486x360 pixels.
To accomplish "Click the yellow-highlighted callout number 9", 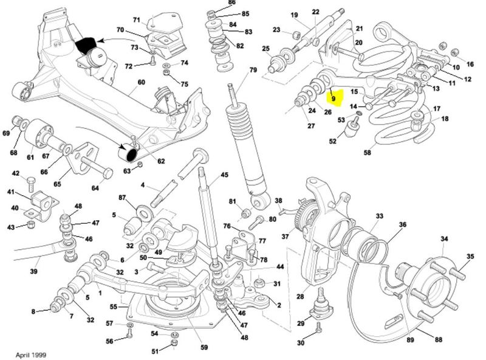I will coord(333,95).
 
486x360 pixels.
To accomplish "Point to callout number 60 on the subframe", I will coord(141,82).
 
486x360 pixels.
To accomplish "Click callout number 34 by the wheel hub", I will coord(444,238).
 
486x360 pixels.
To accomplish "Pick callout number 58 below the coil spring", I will coord(367,153).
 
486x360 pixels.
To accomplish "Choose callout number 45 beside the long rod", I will coord(224,175).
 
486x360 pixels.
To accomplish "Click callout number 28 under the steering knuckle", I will coord(299,297).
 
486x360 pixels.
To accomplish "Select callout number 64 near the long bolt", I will coord(95,188).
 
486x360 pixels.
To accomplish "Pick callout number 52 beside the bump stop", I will coord(333,141).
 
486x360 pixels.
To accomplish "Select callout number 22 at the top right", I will coord(316,13).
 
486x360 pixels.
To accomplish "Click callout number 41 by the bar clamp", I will coord(11,193).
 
